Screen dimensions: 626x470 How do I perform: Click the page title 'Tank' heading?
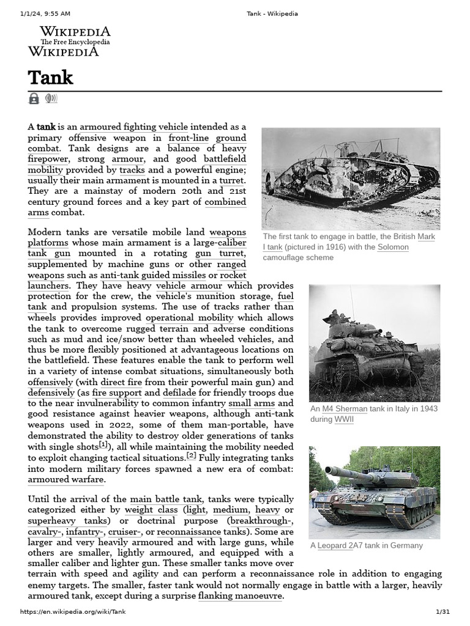pos(50,78)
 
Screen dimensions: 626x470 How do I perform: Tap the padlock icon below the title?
pos(34,98)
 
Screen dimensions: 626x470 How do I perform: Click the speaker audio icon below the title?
pos(51,98)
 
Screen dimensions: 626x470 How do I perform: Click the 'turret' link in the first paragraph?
pos(233,180)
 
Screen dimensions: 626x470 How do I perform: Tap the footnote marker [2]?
pos(191,455)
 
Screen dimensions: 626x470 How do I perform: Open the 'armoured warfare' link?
pos(65,480)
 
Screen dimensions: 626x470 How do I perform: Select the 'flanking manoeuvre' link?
pos(240,595)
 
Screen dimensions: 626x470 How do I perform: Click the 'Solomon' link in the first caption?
pos(392,247)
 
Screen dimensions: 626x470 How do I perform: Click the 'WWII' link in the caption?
pos(343,419)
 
